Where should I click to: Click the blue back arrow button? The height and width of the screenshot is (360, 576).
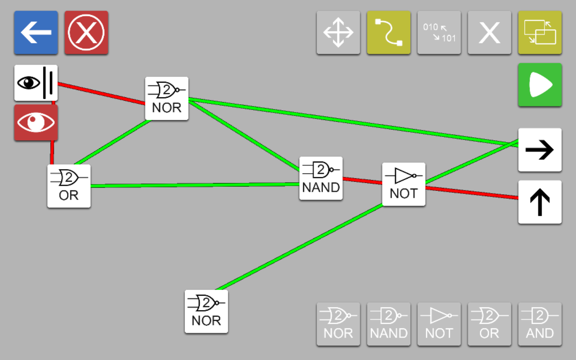pos(36,33)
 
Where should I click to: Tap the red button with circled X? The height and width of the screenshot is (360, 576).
pos(87,33)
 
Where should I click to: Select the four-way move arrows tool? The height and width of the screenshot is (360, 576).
pos(338,33)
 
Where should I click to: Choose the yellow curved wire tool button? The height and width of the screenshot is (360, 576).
pos(389,33)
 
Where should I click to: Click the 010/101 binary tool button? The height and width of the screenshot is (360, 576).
pos(439,33)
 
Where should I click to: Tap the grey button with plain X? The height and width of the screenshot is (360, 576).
pos(489,33)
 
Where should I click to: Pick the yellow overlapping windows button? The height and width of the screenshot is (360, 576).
pos(540,33)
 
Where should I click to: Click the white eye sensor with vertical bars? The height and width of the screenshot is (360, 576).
pos(36,83)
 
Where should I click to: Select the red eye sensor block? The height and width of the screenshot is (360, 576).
pos(36,123)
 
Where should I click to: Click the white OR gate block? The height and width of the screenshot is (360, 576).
pos(69,186)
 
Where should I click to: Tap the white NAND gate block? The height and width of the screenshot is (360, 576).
pos(321,178)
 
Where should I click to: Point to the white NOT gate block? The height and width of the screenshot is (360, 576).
pos(404,184)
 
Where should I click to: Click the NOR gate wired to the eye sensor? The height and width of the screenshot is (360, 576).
pos(166,98)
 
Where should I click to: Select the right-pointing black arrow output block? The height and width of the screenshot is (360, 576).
pos(540,150)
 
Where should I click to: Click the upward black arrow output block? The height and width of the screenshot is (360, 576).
pos(540,202)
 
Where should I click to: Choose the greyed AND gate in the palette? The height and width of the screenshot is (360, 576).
pos(540,324)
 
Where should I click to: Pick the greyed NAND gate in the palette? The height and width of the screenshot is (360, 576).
pos(389,324)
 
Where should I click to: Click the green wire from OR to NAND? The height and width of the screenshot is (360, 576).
pos(195,185)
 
